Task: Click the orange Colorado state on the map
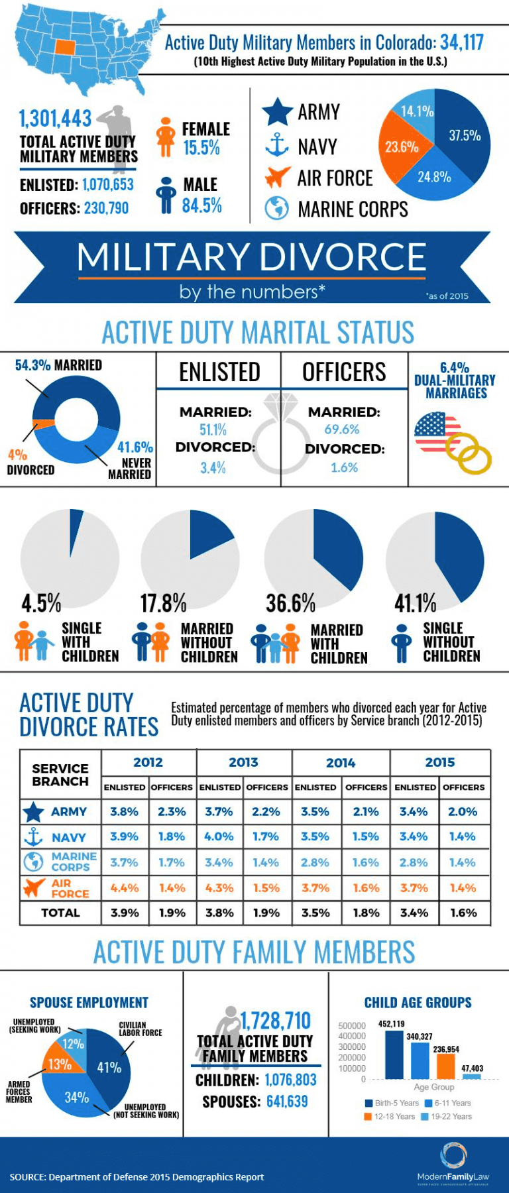[65, 47]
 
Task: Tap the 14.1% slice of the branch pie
[416, 111]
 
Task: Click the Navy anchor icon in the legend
[276, 145]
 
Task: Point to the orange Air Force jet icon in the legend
[276, 177]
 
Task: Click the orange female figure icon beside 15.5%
[165, 137]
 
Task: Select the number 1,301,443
[56, 119]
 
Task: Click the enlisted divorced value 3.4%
[213, 468]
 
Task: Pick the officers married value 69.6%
[341, 429]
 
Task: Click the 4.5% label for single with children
[41, 603]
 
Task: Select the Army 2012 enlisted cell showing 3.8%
[124, 811]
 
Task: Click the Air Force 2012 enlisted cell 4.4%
[124, 887]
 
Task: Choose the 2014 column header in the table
[341, 763]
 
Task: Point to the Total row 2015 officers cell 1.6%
[463, 913]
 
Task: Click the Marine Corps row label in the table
[74, 862]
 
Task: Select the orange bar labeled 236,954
[445, 1065]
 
